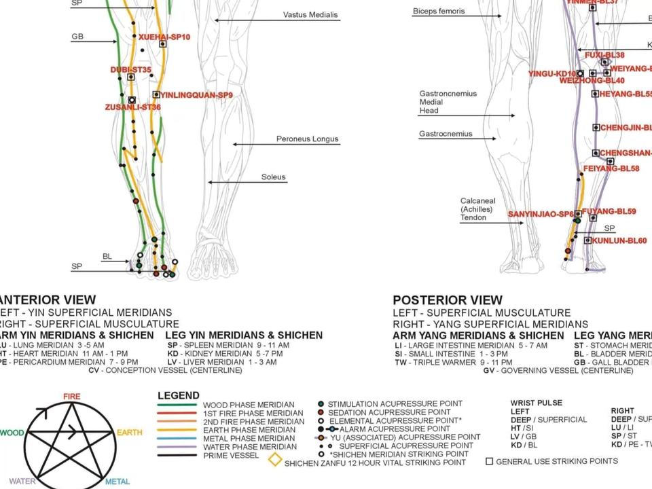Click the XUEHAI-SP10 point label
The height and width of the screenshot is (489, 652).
pyautogui.click(x=164, y=37)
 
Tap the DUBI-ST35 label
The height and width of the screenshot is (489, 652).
pyautogui.click(x=131, y=69)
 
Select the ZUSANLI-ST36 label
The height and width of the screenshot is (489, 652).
pyautogui.click(x=133, y=107)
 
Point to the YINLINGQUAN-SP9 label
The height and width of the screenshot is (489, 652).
pyautogui.click(x=196, y=95)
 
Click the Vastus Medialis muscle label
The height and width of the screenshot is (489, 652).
pyautogui.click(x=310, y=15)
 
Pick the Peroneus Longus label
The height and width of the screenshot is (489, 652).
pyautogui.click(x=307, y=139)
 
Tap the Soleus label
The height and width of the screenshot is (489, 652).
pyautogui.click(x=273, y=177)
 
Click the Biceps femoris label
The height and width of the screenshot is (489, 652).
pyautogui.click(x=439, y=11)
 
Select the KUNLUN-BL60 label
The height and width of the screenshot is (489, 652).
pyautogui.click(x=619, y=240)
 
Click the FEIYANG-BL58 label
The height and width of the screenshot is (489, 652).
pyautogui.click(x=611, y=168)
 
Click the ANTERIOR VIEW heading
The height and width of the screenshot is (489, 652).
pyautogui.click(x=48, y=300)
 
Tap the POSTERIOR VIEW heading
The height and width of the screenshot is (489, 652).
pyautogui.click(x=448, y=300)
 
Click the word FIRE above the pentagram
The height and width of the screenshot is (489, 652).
pyautogui.click(x=71, y=397)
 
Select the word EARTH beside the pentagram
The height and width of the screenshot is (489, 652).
pyautogui.click(x=129, y=433)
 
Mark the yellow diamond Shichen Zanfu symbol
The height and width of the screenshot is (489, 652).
pyautogui.click(x=274, y=460)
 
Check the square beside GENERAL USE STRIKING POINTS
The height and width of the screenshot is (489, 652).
pyautogui.click(x=489, y=462)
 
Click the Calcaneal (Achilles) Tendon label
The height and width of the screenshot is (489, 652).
pyautogui.click(x=478, y=209)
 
